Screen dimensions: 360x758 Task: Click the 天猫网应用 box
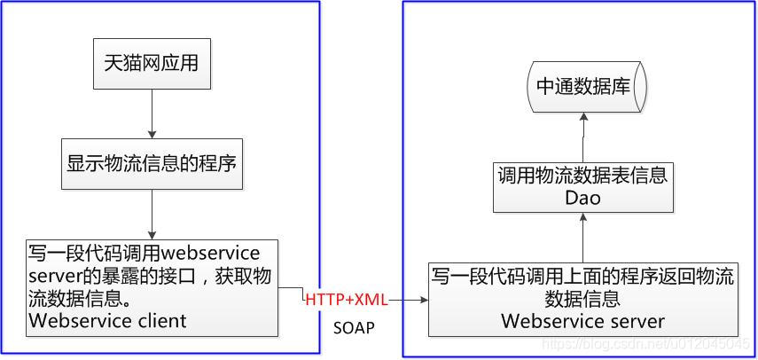pyautogui.click(x=152, y=66)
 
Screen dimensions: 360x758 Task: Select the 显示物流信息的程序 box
pyautogui.click(x=152, y=163)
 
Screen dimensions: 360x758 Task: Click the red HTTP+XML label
pyautogui.click(x=346, y=300)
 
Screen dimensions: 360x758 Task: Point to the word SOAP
pyautogui.click(x=354, y=328)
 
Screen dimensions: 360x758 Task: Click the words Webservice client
pyautogui.click(x=107, y=321)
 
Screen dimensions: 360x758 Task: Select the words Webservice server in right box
pyautogui.click(x=582, y=320)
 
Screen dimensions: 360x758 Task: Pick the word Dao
pyautogui.click(x=582, y=198)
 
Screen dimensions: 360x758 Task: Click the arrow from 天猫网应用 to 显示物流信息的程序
pyautogui.click(x=152, y=113)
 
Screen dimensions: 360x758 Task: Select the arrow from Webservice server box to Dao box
pyautogui.click(x=582, y=238)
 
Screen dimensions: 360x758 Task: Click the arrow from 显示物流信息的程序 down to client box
pyautogui.click(x=152, y=214)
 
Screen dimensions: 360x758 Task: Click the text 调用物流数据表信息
pyautogui.click(x=582, y=176)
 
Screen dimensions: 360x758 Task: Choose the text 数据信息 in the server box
pyautogui.click(x=582, y=299)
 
